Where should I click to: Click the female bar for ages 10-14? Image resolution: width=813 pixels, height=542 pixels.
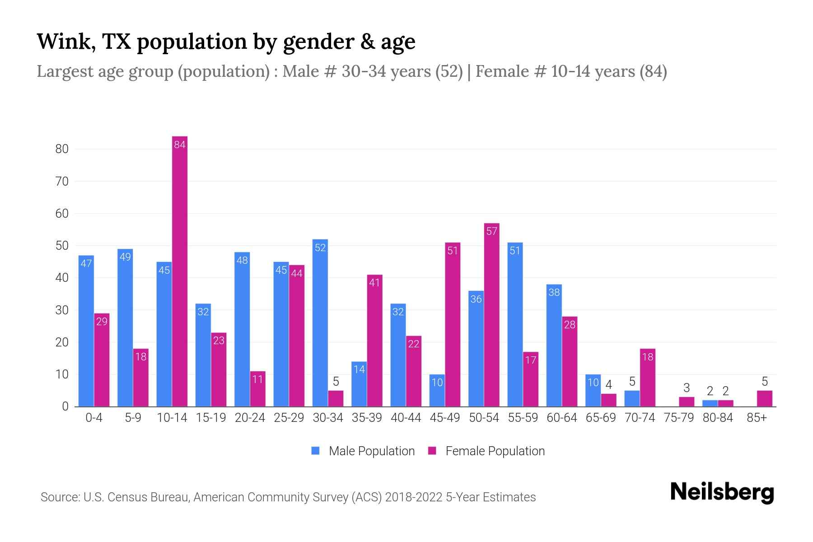tap(180, 271)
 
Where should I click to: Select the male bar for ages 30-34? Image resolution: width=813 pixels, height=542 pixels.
tap(320, 323)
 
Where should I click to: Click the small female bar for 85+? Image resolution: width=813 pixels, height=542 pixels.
tap(764, 399)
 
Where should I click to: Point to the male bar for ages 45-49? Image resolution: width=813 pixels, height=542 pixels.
tap(437, 391)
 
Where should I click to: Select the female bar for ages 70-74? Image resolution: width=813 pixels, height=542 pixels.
tap(647, 378)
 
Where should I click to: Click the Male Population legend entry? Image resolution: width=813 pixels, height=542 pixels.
tap(363, 451)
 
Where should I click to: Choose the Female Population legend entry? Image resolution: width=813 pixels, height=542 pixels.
tap(486, 451)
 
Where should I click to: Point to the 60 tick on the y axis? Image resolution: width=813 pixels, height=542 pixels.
tap(62, 214)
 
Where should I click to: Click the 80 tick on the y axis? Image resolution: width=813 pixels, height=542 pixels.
tap(62, 149)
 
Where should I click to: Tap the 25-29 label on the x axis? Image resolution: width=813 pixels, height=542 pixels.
tap(289, 418)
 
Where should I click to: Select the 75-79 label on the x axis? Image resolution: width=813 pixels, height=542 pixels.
tap(678, 418)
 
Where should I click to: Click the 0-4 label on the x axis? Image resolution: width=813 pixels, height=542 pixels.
tap(94, 418)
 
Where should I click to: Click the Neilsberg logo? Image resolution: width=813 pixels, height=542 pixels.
tap(722, 492)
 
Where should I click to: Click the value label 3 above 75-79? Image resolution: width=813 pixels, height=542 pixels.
tap(686, 388)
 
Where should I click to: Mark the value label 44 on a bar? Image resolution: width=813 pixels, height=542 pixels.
tap(296, 274)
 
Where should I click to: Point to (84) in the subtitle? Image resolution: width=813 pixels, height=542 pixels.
tap(653, 71)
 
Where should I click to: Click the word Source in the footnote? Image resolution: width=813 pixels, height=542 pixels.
tap(60, 497)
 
